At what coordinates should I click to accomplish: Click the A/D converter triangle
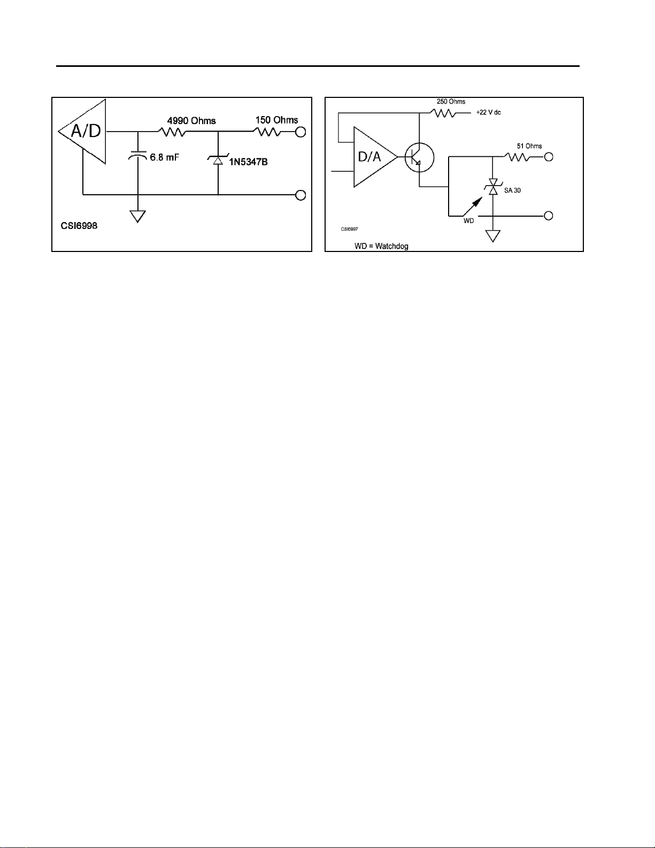[86, 132]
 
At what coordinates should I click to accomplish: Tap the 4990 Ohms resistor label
[191, 121]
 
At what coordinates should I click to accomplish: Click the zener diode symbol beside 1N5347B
[218, 159]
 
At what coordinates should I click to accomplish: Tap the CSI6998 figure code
[79, 226]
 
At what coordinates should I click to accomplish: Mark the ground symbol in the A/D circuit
[138, 216]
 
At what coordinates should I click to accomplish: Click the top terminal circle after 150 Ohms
[300, 132]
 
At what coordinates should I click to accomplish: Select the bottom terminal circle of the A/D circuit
[300, 195]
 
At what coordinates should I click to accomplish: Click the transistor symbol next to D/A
[419, 157]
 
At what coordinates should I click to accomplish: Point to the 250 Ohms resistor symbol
[443, 113]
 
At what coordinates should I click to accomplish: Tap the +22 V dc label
[488, 113]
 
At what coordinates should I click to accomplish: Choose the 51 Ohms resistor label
[529, 146]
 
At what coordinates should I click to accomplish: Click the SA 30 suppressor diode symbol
[493, 187]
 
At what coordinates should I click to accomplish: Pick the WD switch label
[468, 221]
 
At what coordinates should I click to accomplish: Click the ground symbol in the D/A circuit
[493, 235]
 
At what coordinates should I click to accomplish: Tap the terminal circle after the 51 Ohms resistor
[548, 157]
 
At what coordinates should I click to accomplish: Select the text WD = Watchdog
[381, 247]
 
